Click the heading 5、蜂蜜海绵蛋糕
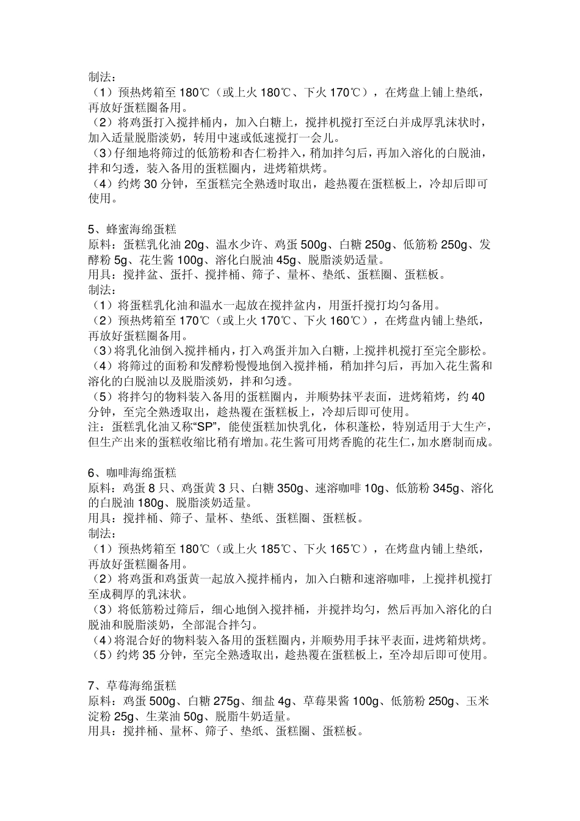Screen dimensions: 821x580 [132, 230]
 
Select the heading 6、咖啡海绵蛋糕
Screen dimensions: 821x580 [132, 473]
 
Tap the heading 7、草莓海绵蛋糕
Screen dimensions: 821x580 [132, 686]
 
